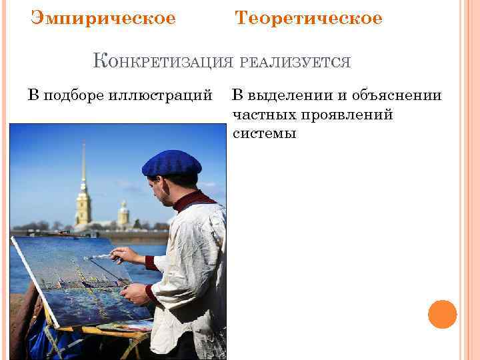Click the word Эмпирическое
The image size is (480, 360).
[x=103, y=19]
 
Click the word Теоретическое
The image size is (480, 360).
[x=309, y=19]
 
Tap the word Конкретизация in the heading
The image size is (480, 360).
[x=163, y=62]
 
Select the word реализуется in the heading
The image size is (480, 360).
[x=294, y=63]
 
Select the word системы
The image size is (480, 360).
[x=264, y=133]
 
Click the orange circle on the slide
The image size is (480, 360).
[x=442, y=314]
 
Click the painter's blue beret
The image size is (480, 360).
[x=171, y=163]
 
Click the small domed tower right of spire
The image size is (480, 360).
[x=123, y=215]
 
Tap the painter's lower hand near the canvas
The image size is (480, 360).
[x=137, y=293]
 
